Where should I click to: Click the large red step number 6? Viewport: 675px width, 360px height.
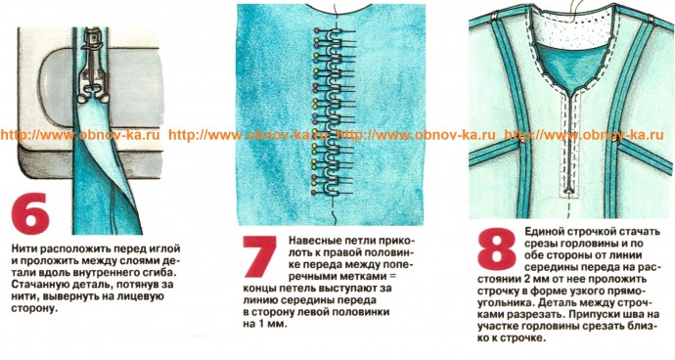point(30,213)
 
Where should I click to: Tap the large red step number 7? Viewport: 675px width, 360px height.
point(259,256)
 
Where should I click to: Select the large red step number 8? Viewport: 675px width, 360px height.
point(496,248)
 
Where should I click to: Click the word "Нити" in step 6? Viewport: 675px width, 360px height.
point(24,248)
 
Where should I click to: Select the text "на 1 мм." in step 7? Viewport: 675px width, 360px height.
point(265,324)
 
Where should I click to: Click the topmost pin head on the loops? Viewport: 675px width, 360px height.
point(317,30)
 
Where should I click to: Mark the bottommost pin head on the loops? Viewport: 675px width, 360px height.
point(314,191)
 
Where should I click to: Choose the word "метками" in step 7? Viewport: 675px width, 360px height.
point(361,275)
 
